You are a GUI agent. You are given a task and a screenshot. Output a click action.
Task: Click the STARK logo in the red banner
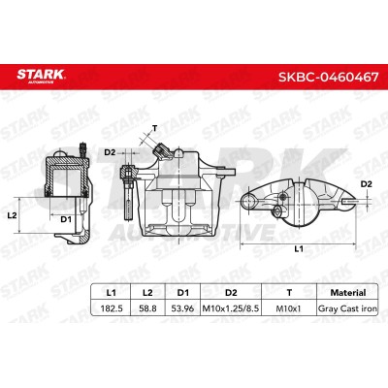click(41, 76)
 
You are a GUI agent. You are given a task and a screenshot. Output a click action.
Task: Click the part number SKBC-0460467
click(328, 77)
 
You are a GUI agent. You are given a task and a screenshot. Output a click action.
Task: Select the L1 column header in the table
click(112, 293)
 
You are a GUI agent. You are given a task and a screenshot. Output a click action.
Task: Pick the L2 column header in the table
click(147, 293)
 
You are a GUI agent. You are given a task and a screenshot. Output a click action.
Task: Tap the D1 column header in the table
click(182, 293)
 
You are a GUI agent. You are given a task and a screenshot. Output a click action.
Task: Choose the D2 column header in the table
click(231, 293)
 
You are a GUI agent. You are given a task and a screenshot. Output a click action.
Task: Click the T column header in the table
click(289, 293)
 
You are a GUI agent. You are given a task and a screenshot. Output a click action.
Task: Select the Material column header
click(348, 293)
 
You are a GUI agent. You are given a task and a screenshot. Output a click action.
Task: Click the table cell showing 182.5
click(112, 308)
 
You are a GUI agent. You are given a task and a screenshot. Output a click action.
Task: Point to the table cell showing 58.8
click(147, 308)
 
